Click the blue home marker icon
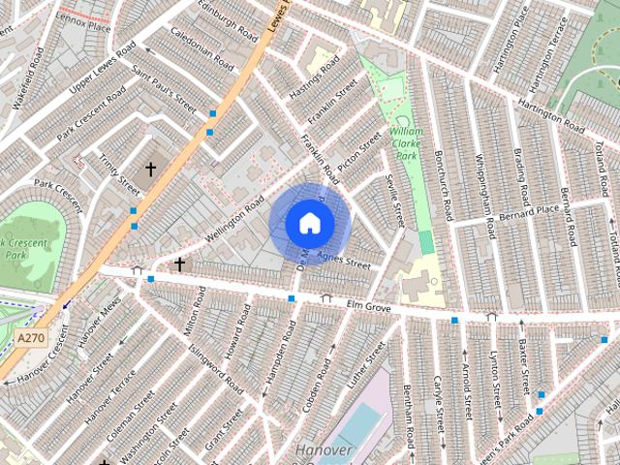[308, 224]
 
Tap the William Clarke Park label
[408, 142]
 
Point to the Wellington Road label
[235, 220]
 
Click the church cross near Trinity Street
[150, 170]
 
